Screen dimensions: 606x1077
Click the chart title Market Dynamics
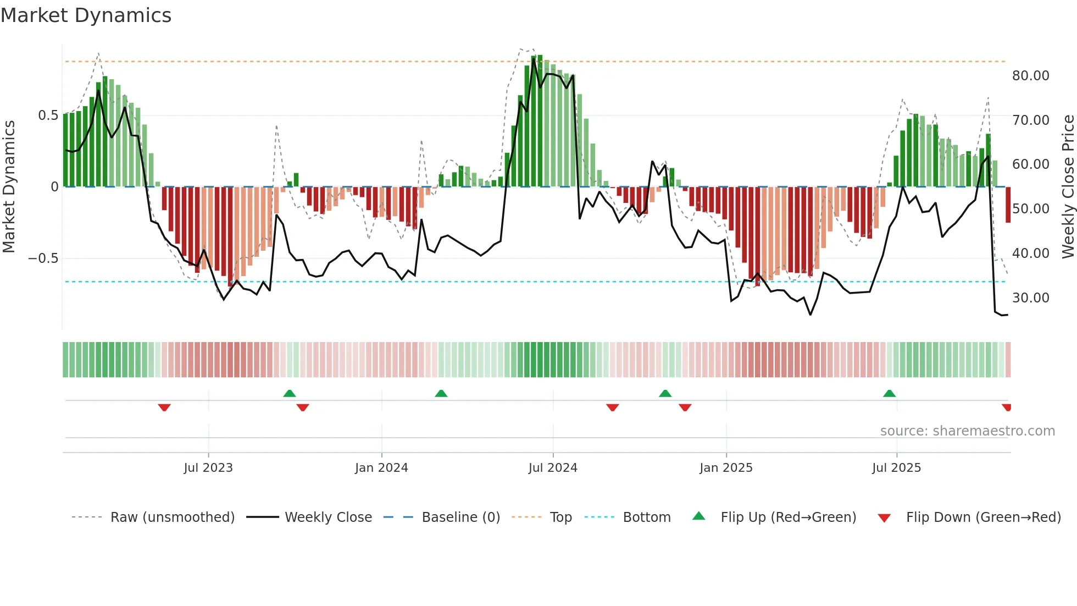(x=86, y=15)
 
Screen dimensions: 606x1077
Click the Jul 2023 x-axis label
(x=208, y=468)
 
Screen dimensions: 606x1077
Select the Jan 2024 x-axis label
(x=381, y=468)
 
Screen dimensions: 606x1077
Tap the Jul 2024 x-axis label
(x=553, y=468)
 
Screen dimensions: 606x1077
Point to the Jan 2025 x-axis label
(x=726, y=468)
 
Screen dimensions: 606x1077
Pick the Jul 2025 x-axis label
(x=896, y=468)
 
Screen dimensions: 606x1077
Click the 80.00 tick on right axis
(x=1030, y=76)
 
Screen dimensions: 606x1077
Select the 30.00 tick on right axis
(x=1030, y=298)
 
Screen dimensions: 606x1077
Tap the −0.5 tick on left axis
(x=43, y=258)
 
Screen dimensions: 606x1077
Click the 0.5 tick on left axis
(x=48, y=115)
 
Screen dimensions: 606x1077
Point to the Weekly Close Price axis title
(x=1068, y=187)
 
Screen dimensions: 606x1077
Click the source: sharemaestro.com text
(x=967, y=431)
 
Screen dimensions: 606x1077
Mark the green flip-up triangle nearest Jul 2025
(x=889, y=393)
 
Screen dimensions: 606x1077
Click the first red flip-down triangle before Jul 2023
(x=164, y=407)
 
